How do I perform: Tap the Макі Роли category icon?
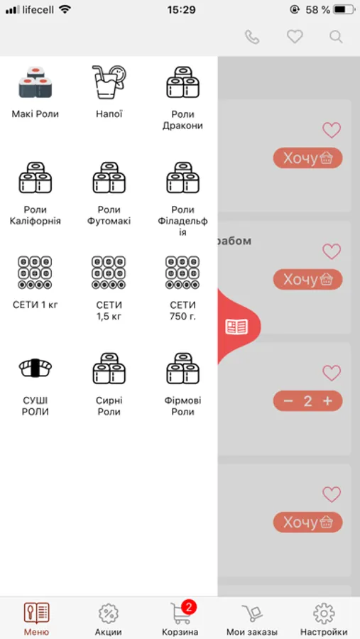click(x=35, y=82)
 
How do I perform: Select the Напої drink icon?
click(x=109, y=82)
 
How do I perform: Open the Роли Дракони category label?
click(x=182, y=120)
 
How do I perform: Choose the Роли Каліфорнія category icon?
click(x=35, y=177)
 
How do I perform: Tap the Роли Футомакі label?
click(x=109, y=215)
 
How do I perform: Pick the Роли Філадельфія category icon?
click(x=182, y=177)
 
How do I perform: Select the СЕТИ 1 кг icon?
click(x=35, y=273)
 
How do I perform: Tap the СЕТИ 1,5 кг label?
click(x=109, y=310)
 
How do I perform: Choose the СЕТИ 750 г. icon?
click(x=182, y=273)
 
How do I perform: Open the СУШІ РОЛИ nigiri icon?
click(x=35, y=368)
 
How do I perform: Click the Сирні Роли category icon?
click(x=109, y=368)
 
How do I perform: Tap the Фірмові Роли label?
click(x=182, y=406)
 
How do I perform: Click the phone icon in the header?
click(x=252, y=37)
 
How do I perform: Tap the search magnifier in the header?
click(x=336, y=37)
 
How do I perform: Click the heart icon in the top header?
click(x=295, y=37)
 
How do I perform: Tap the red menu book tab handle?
click(x=237, y=327)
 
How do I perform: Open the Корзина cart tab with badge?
click(x=180, y=618)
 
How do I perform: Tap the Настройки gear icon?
click(x=324, y=613)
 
